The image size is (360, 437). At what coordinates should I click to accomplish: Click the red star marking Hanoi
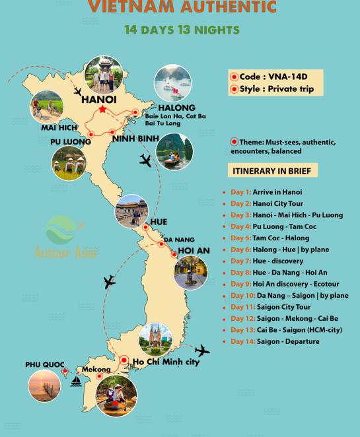tap(103, 109)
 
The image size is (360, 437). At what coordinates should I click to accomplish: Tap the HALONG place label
tap(176, 108)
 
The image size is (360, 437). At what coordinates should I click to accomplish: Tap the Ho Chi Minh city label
tap(165, 361)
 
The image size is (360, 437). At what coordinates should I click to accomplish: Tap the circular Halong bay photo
tap(172, 83)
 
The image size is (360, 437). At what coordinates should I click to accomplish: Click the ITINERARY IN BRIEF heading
tap(273, 171)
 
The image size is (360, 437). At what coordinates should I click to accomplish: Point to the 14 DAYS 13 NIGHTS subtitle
tap(182, 30)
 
